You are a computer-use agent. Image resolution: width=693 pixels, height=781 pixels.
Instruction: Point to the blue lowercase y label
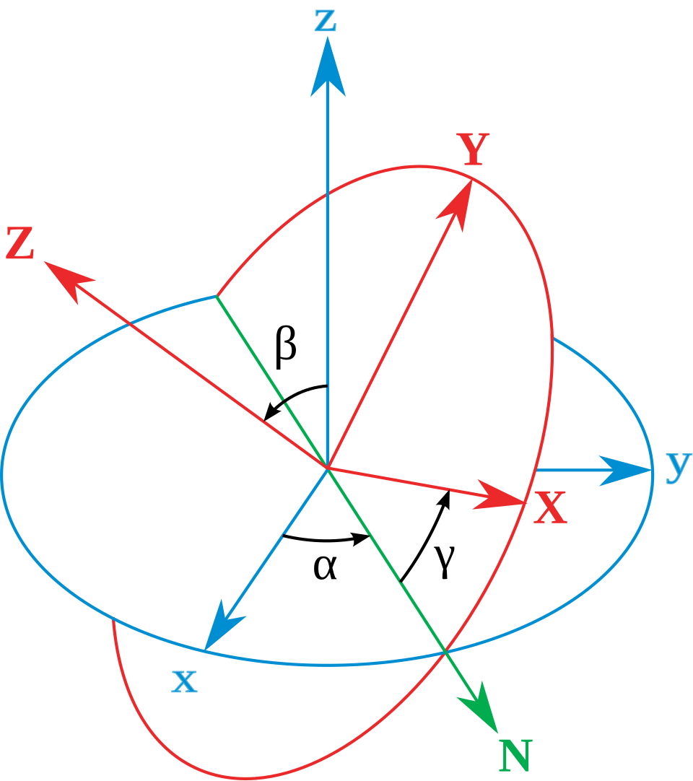(x=678, y=467)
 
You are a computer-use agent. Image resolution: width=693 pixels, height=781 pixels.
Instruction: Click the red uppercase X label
(x=550, y=509)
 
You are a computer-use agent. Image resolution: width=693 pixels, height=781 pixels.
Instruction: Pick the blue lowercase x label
(x=184, y=681)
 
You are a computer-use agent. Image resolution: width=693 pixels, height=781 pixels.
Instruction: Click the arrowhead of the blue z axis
(x=328, y=69)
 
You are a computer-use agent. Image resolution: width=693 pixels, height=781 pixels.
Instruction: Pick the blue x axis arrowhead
(x=220, y=628)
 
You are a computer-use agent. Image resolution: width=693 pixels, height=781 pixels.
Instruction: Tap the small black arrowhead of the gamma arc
(x=446, y=498)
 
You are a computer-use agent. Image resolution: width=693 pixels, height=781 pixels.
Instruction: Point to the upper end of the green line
(x=217, y=295)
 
